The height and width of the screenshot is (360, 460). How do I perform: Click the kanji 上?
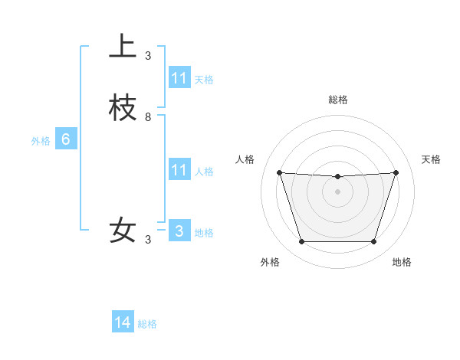click(x=123, y=47)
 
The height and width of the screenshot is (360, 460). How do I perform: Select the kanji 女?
click(x=123, y=231)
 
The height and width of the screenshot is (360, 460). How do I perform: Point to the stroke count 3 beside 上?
click(x=148, y=56)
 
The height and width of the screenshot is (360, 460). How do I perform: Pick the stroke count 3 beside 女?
click(x=148, y=240)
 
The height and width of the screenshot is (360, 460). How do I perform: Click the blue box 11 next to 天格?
click(x=179, y=78)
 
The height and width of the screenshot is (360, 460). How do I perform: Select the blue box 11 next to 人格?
click(x=179, y=170)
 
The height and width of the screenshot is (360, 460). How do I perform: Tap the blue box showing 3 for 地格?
click(x=179, y=231)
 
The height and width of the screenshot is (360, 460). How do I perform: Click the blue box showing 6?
click(x=66, y=139)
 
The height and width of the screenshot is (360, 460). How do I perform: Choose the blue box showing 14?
click(x=123, y=322)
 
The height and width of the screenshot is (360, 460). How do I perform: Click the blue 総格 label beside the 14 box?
click(x=147, y=324)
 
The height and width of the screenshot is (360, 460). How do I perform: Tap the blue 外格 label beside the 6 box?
click(x=41, y=141)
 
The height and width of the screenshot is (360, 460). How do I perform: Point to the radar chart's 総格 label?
click(x=337, y=100)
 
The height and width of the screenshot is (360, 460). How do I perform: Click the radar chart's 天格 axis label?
click(x=431, y=159)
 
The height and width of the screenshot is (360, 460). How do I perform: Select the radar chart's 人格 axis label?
click(x=245, y=159)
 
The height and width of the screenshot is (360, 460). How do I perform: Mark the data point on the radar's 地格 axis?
click(x=373, y=242)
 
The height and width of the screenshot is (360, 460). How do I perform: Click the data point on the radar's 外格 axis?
click(x=301, y=242)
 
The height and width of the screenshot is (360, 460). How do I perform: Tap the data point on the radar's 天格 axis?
click(x=396, y=173)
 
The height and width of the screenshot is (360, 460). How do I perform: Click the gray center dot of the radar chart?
click(x=337, y=191)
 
